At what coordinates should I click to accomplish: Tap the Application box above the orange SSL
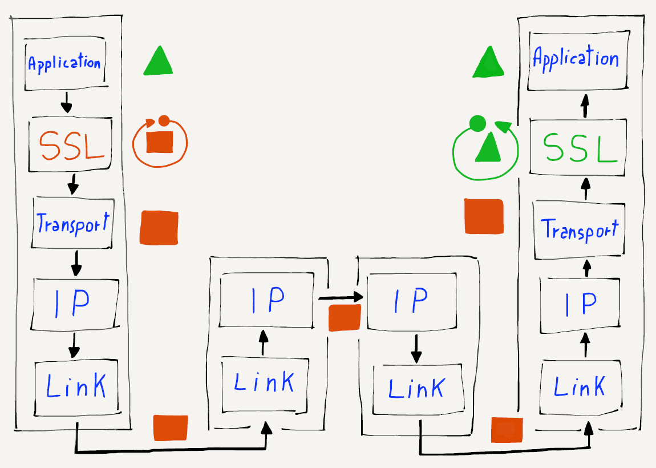click(64, 63)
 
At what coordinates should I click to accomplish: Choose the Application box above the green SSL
click(575, 59)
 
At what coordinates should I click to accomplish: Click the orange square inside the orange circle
click(159, 142)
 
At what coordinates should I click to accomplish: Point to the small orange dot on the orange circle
click(164, 120)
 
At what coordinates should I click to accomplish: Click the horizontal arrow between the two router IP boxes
click(341, 297)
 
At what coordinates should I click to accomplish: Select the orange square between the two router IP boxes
click(345, 317)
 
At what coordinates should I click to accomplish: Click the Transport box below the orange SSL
click(72, 223)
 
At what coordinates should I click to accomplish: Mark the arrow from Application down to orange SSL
click(67, 102)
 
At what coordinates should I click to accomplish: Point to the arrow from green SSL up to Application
click(584, 106)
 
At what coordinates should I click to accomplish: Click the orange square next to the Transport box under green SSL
click(484, 216)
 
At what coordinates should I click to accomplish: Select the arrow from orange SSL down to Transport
click(72, 184)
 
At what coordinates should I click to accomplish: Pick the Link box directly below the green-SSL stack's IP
click(580, 388)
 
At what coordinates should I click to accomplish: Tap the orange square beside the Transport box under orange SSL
click(159, 228)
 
